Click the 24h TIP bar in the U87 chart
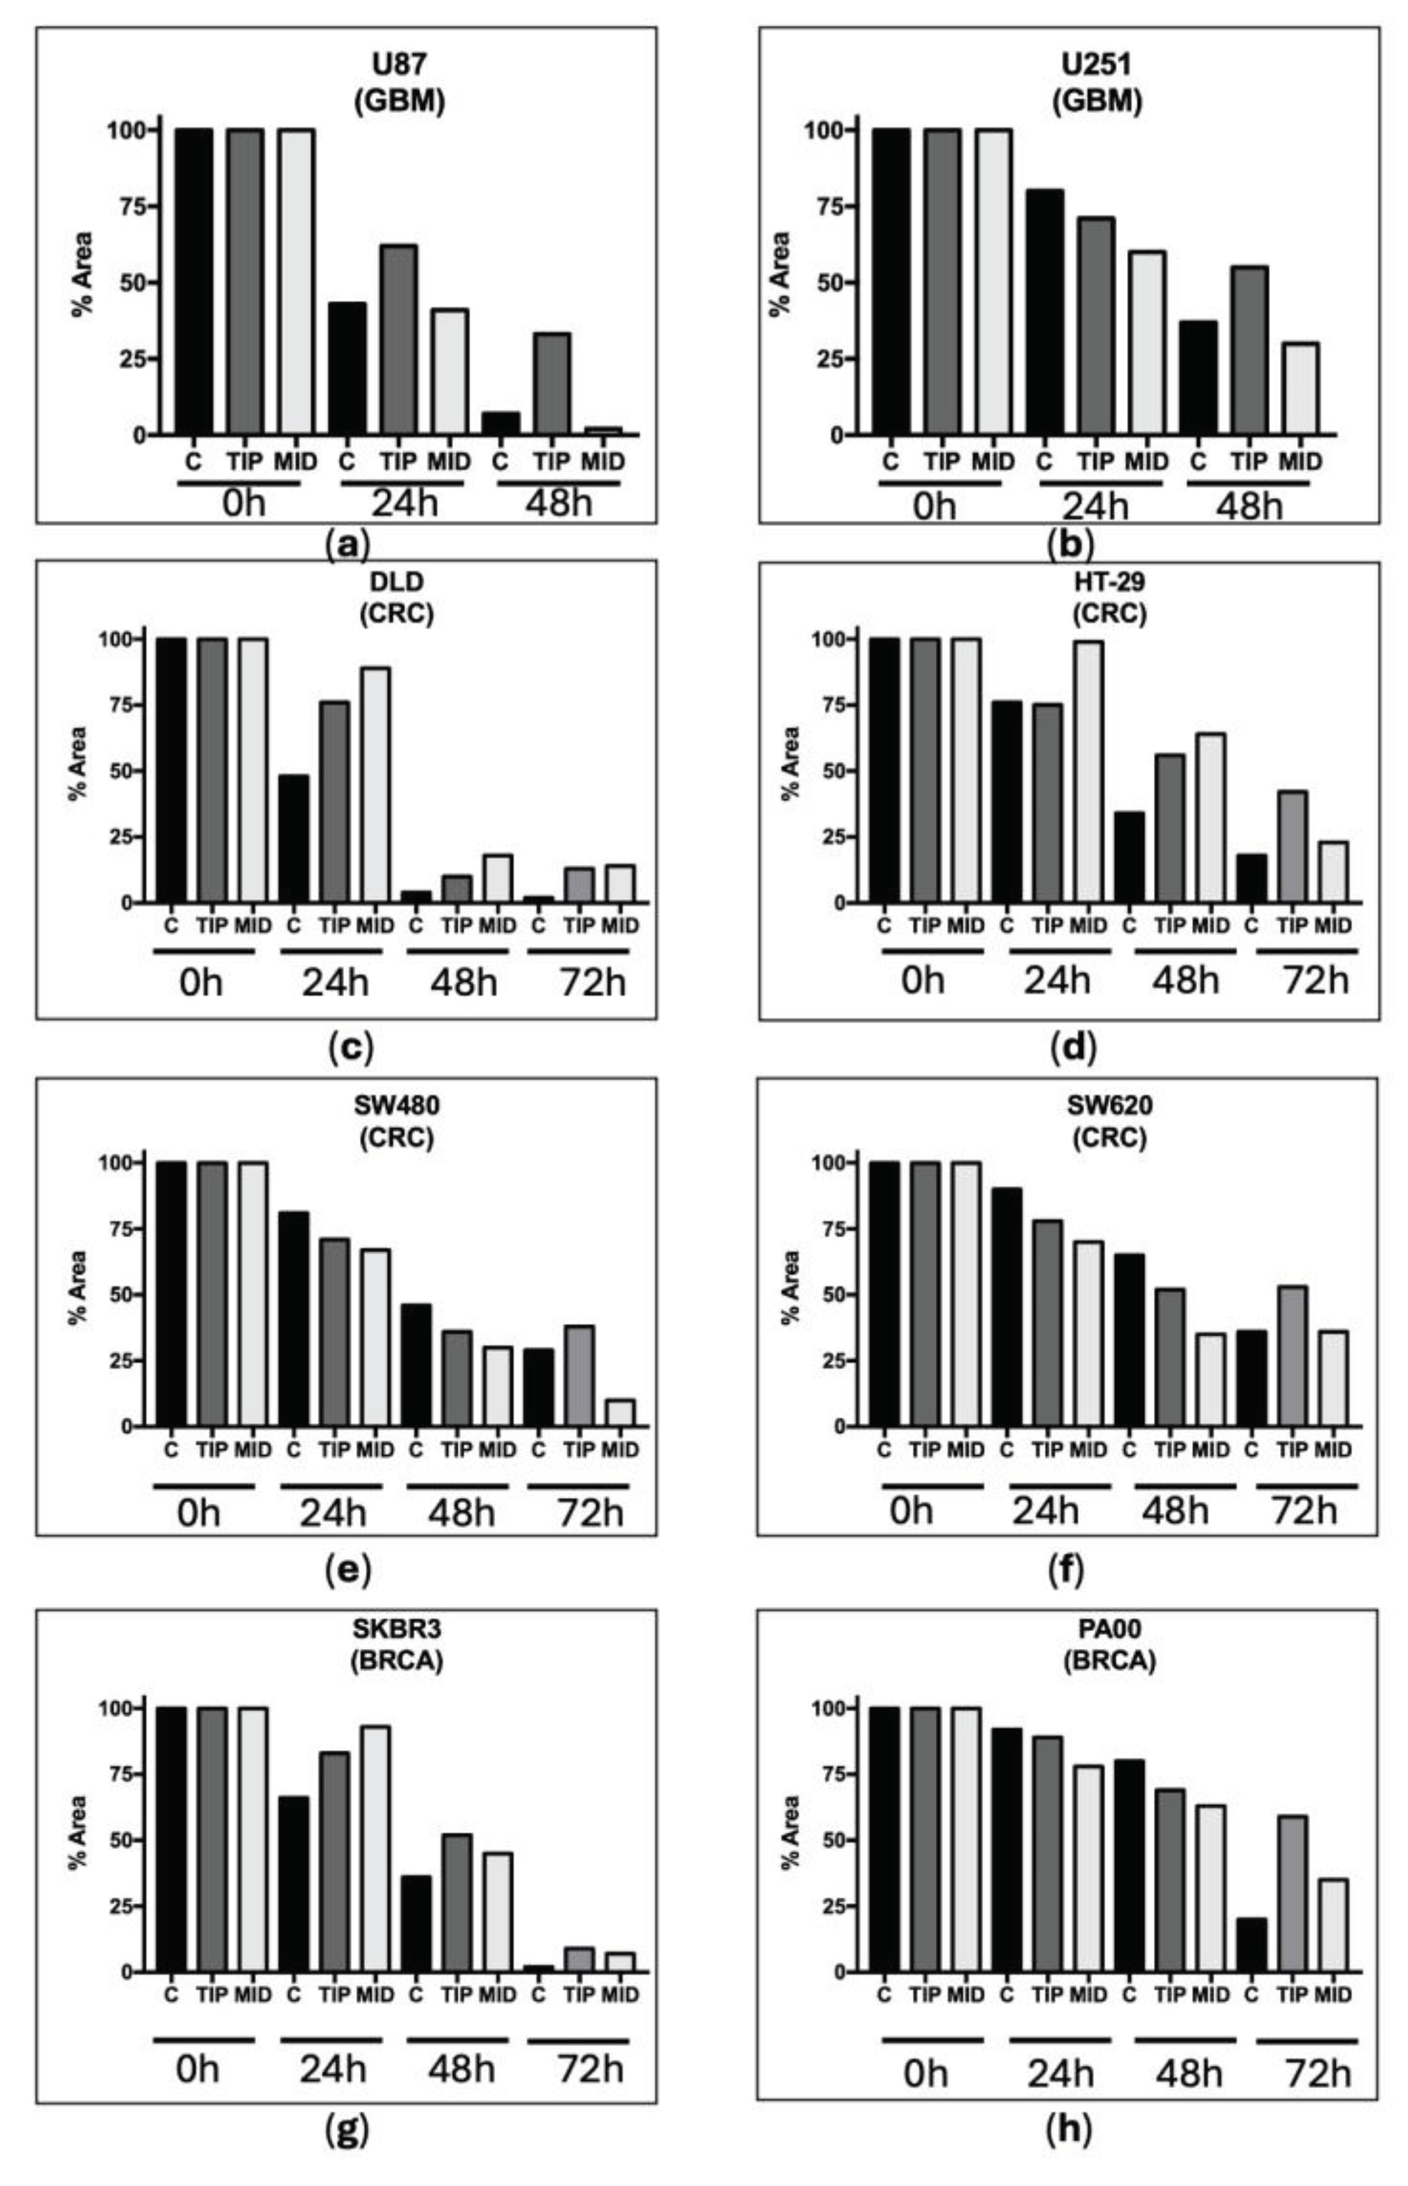(399, 340)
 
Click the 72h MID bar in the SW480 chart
(620, 1413)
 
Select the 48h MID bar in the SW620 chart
(1210, 1379)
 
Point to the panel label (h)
(1068, 2129)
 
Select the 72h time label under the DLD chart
(591, 984)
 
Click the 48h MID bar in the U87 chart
(603, 429)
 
